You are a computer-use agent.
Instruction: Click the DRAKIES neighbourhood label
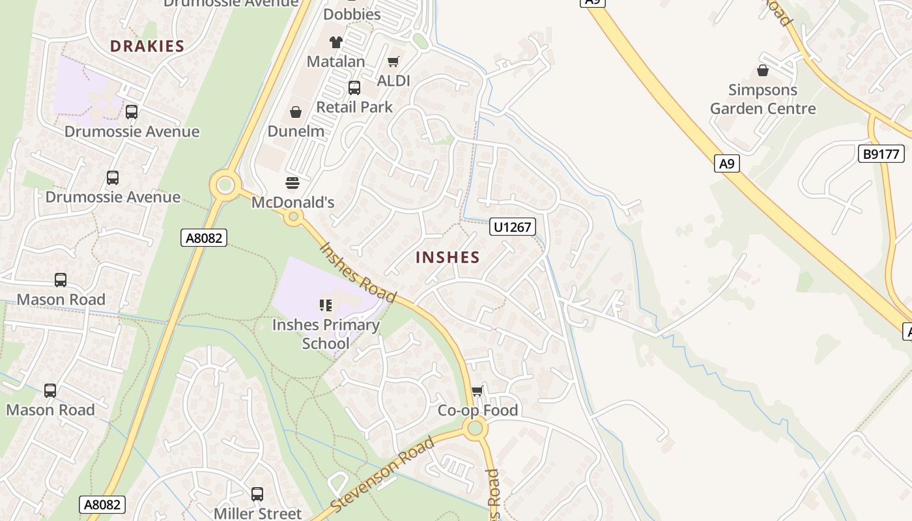[147, 46]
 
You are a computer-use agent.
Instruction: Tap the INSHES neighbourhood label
[448, 257]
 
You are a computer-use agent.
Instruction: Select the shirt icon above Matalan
[335, 42]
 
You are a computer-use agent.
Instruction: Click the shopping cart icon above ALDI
[393, 62]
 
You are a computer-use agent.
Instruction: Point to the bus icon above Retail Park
[354, 87]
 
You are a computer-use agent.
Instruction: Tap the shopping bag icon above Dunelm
[296, 112]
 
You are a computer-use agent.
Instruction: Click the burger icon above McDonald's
[292, 183]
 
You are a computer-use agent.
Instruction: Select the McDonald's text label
[292, 203]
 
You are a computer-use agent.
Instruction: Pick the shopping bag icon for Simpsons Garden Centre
[763, 70]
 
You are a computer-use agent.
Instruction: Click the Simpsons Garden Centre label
[763, 99]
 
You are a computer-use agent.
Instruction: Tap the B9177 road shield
[881, 154]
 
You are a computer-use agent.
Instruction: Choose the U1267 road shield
[513, 227]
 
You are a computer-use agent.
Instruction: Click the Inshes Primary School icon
[325, 305]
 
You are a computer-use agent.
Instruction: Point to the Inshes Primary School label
[326, 333]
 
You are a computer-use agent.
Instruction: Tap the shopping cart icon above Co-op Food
[477, 391]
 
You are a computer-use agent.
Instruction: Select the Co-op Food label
[477, 410]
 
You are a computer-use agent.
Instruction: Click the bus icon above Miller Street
[257, 494]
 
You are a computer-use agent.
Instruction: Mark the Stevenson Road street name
[382, 475]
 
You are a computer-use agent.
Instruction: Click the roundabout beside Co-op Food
[475, 428]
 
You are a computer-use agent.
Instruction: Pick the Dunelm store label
[296, 131]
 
